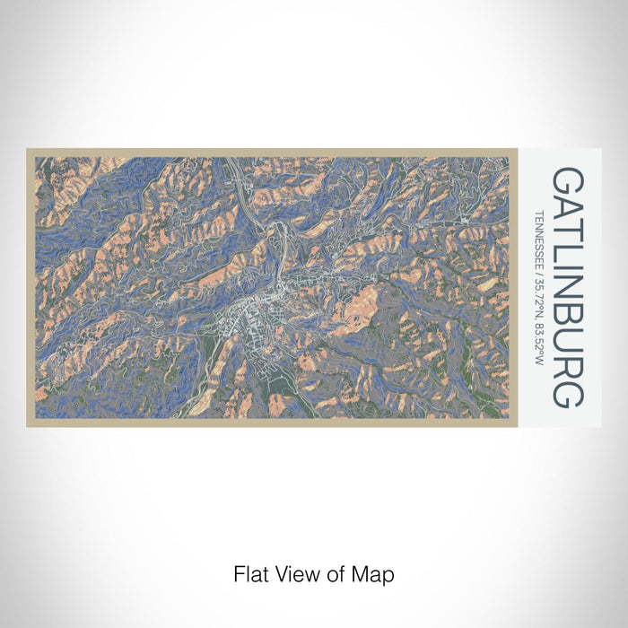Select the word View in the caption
tap(291, 573)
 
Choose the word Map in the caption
tap(371, 573)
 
